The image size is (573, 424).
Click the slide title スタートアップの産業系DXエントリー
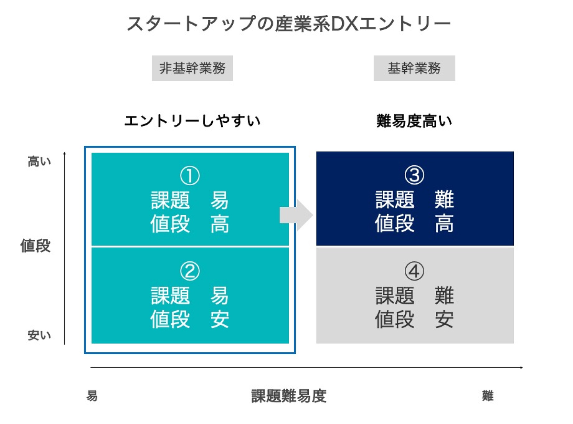click(x=288, y=24)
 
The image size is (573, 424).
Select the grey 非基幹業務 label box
click(x=192, y=68)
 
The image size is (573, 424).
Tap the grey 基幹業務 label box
click(x=414, y=68)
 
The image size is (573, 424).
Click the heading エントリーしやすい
click(x=192, y=121)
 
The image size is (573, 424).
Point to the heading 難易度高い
click(x=414, y=121)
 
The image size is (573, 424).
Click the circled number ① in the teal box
click(x=190, y=176)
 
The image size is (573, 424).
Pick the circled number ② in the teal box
click(x=190, y=271)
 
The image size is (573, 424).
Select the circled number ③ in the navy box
click(x=414, y=175)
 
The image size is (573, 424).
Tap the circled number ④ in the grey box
click(x=414, y=271)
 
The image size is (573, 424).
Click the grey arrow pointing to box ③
click(x=296, y=215)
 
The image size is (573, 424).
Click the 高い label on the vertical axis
click(x=39, y=161)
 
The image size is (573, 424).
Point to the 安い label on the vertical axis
click(x=39, y=335)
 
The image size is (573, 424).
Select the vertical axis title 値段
click(x=35, y=245)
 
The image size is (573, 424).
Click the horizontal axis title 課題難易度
click(x=289, y=396)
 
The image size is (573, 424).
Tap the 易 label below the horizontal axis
click(x=92, y=396)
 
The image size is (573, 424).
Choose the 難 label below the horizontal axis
click(x=488, y=396)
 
